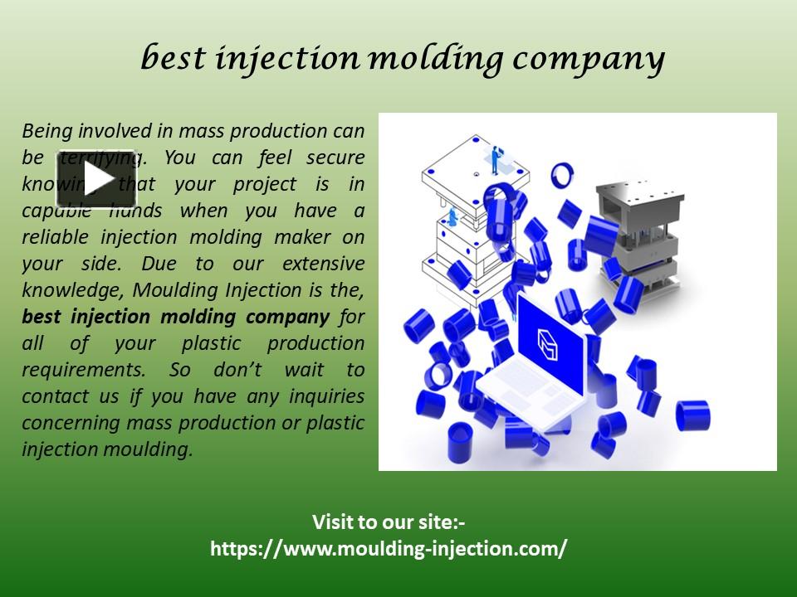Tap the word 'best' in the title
(173, 58)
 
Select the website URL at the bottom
(389, 548)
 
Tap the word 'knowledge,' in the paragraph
(73, 289)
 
